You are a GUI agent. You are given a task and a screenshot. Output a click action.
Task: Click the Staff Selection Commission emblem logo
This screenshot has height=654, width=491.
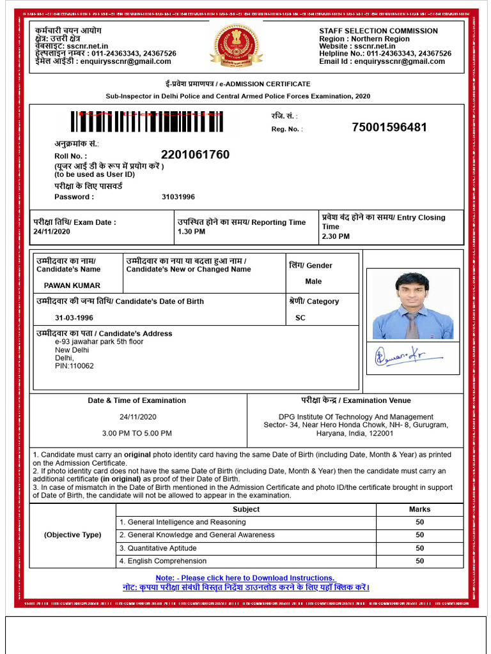tap(236, 45)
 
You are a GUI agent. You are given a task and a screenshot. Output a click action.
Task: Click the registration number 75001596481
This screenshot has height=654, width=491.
tap(389, 127)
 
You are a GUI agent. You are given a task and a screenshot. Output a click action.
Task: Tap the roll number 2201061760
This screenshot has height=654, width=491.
tap(195, 155)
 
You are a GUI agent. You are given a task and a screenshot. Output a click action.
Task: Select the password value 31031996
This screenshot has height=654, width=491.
tap(178, 197)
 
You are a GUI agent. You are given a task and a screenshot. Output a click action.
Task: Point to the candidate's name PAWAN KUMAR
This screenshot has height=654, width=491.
tap(72, 285)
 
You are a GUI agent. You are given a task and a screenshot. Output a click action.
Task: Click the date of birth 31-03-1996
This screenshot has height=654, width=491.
tap(74, 317)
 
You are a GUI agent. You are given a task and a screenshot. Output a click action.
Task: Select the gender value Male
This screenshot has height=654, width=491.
tap(313, 282)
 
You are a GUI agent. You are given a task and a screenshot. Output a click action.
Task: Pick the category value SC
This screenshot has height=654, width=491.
tap(300, 317)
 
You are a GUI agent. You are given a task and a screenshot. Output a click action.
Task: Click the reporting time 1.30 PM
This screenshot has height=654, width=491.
tap(191, 232)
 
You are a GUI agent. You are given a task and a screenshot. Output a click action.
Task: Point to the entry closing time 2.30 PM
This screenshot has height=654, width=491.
tap(336, 236)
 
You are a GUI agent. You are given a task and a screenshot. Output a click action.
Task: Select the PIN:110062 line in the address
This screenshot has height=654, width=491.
tap(74, 366)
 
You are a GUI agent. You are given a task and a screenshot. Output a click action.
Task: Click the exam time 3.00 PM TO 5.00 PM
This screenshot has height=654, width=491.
tap(137, 434)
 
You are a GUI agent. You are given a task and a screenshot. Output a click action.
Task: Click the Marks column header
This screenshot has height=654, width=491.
tap(419, 509)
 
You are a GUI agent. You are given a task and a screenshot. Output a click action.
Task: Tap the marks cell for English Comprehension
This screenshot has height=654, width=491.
tap(419, 561)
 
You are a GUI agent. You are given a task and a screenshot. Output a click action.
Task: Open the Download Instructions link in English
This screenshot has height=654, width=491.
tap(245, 577)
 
